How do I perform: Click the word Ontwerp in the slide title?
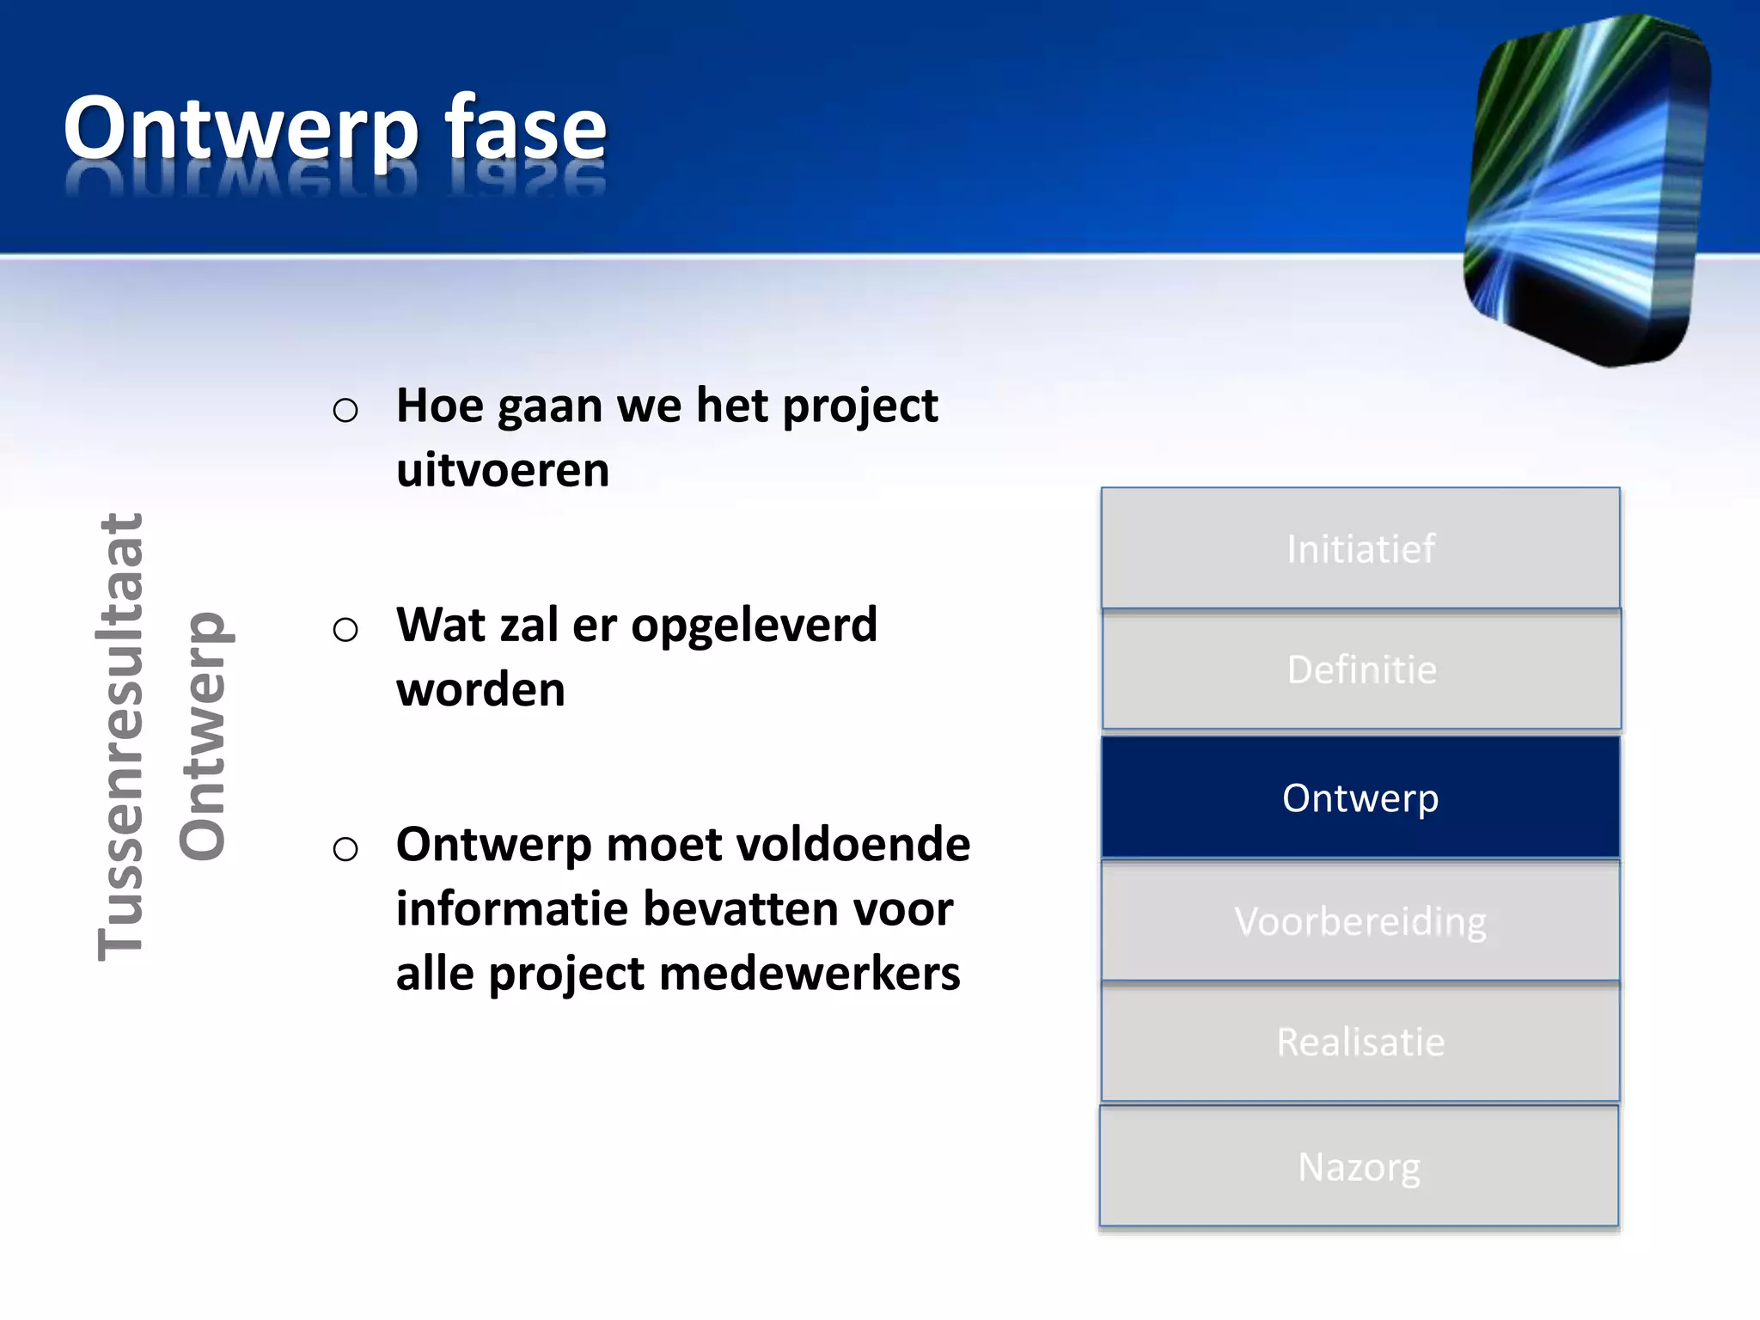pos(241,129)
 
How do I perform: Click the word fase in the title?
pos(526,129)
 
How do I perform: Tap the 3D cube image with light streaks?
pos(1586,189)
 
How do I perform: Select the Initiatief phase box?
pos(1360,548)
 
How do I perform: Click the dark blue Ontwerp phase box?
pos(1360,797)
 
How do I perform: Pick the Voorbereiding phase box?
pos(1360,921)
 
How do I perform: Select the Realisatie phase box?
pos(1360,1042)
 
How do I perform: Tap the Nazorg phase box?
pos(1359,1167)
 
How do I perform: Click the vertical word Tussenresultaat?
pos(120,736)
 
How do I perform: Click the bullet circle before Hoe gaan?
pos(345,411)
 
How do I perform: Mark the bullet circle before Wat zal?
pos(345,630)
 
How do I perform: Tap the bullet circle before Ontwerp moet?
pos(345,849)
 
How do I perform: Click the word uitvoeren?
pos(503,470)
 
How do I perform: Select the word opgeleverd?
pos(754,626)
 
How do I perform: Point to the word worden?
pos(480,689)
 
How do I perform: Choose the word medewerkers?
pos(810,974)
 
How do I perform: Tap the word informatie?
pos(512,909)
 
